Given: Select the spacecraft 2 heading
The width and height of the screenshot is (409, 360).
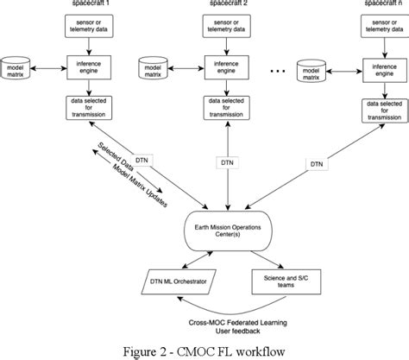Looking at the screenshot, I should coord(227,4).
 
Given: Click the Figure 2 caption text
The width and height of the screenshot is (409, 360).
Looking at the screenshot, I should coord(204,347).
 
